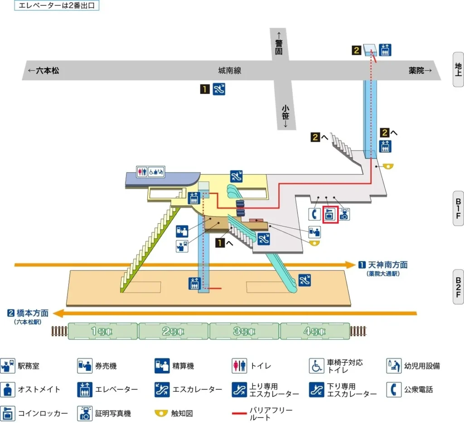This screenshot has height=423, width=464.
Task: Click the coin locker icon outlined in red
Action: pos(330,215)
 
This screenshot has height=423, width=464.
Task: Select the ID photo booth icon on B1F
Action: pos(344,214)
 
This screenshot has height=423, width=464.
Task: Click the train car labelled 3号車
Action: pos(244,331)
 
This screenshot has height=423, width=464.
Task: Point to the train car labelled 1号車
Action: pos(103,331)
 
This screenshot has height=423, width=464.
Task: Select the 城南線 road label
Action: pos(229,70)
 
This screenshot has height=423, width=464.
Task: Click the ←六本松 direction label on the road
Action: pos(43,71)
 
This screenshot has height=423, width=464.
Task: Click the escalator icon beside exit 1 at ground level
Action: pos(219,89)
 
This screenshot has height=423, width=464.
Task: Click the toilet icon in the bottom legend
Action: pos(239,365)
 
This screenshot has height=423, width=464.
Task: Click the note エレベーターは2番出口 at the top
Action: pos(57,6)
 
